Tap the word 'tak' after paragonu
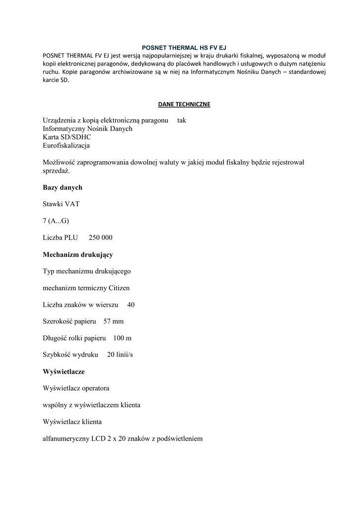pyautogui.click(x=182, y=121)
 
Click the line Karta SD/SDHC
pyautogui.click(x=67, y=137)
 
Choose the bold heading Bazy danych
pyautogui.click(x=63, y=188)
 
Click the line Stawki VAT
pyautogui.click(x=61, y=204)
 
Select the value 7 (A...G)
pyautogui.click(x=56, y=221)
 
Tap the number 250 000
pyautogui.click(x=101, y=238)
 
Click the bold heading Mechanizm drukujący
pyautogui.click(x=78, y=254)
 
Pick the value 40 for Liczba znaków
pyautogui.click(x=131, y=305)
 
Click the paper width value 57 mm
pyautogui.click(x=113, y=321)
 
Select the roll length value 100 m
pyautogui.click(x=122, y=338)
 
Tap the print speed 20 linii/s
pyautogui.click(x=120, y=355)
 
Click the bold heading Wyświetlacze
pyautogui.click(x=64, y=371)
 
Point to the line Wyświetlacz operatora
pyautogui.click(x=76, y=388)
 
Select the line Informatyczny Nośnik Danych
pyautogui.click(x=87, y=129)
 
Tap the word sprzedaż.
pyautogui.click(x=57, y=171)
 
